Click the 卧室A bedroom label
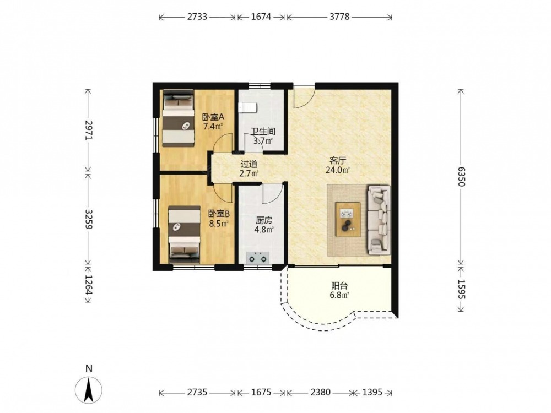pyautogui.click(x=213, y=117)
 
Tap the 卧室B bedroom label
pyautogui.click(x=219, y=214)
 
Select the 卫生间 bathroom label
pyautogui.click(x=263, y=132)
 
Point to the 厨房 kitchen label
pyautogui.click(x=264, y=221)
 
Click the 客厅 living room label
pyautogui.click(x=338, y=161)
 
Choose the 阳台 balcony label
pyautogui.click(x=339, y=286)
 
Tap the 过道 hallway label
pyautogui.click(x=249, y=164)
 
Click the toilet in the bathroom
pyautogui.click(x=247, y=108)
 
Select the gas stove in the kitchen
pyautogui.click(x=257, y=257)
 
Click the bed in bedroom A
pyautogui.click(x=178, y=118)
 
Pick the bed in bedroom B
pyautogui.click(x=184, y=235)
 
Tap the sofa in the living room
pyautogui.click(x=379, y=220)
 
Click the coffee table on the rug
pyautogui.click(x=348, y=220)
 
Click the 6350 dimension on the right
pyautogui.click(x=461, y=177)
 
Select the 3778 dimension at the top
pyautogui.click(x=339, y=17)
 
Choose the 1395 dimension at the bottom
pyautogui.click(x=372, y=392)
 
